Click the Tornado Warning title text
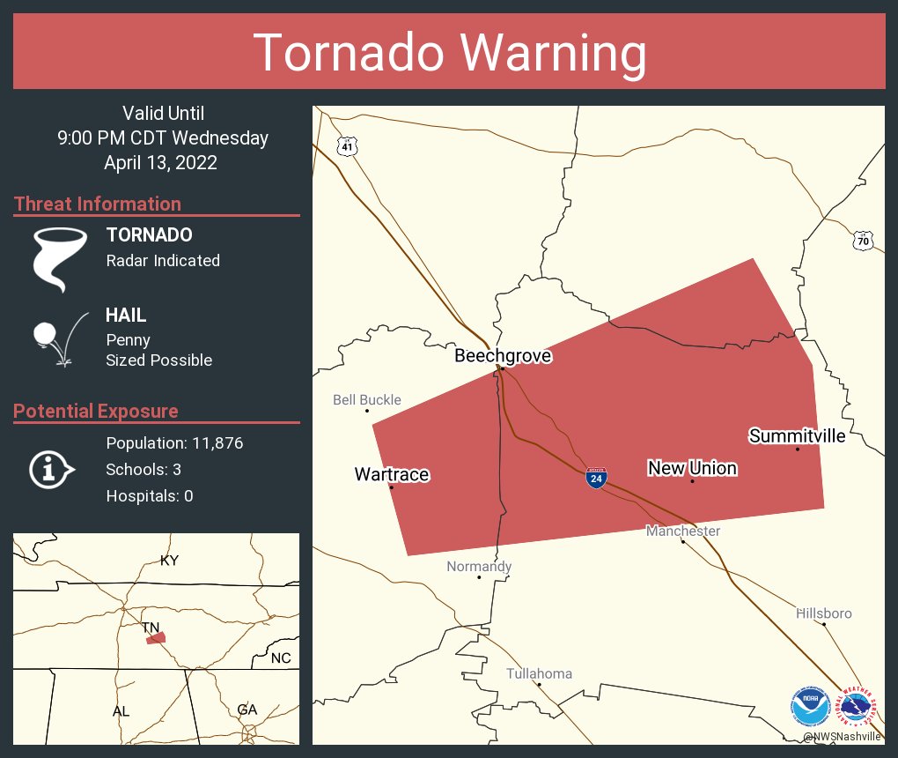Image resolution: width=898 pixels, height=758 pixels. (449, 53)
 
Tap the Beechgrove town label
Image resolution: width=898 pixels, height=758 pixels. (503, 356)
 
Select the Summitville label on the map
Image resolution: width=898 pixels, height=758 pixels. (797, 436)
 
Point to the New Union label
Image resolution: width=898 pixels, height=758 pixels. (692, 468)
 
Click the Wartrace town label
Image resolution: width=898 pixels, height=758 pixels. (391, 475)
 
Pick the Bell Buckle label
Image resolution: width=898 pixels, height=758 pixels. (366, 400)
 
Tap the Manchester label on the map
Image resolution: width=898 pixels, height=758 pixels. (682, 531)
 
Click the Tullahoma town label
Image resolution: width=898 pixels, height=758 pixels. (539, 673)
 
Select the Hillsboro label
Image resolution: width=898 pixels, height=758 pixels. (823, 613)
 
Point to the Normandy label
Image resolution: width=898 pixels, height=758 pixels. (478, 567)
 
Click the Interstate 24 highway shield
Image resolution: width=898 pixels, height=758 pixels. (596, 479)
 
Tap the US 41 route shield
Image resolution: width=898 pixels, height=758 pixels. (348, 146)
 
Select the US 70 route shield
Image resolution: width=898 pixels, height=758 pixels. (863, 239)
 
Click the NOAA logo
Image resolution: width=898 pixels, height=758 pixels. (810, 706)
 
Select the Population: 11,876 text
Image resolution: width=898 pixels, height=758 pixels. (174, 442)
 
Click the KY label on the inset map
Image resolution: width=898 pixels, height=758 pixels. (169, 561)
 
